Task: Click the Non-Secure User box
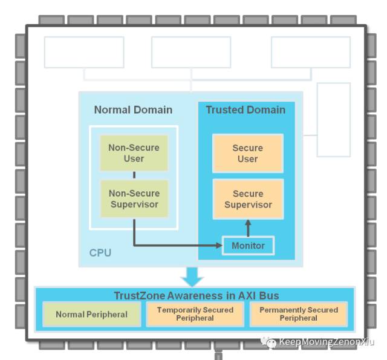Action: tap(134, 152)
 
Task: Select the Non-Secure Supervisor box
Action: tap(134, 198)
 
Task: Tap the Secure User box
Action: tap(247, 153)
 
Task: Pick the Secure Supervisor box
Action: tap(247, 199)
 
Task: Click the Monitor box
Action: tap(248, 246)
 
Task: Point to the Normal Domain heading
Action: tap(133, 110)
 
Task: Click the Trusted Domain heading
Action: tap(246, 110)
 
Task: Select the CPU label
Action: tap(100, 252)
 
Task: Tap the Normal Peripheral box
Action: tap(91, 314)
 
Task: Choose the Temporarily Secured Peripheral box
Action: tap(195, 314)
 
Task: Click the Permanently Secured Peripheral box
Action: tap(299, 314)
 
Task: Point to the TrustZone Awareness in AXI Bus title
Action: tap(197, 295)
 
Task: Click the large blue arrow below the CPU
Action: tap(193, 277)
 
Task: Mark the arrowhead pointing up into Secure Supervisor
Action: tap(247, 224)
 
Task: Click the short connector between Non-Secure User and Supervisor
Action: tap(134, 175)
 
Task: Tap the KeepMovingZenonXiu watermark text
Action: tap(326, 342)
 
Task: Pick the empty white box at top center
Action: tap(190, 53)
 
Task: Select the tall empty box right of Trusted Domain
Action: tap(333, 119)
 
